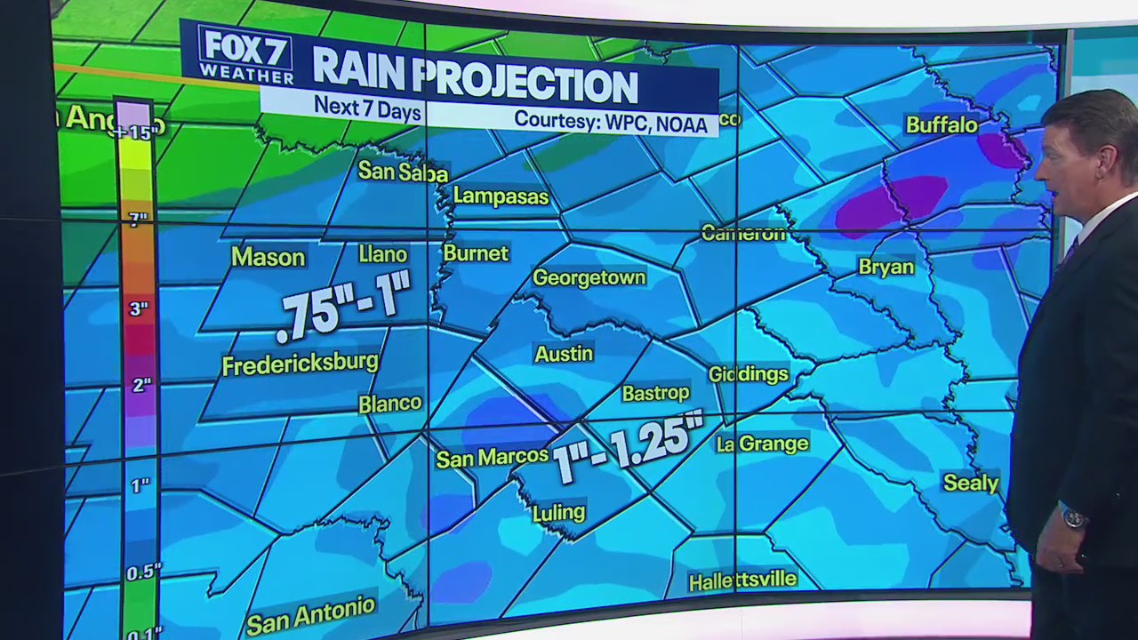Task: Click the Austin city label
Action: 564,354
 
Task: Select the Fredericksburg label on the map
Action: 300,364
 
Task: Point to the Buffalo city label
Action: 942,124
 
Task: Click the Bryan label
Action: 886,267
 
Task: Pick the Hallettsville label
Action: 742,580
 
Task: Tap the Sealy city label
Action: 970,483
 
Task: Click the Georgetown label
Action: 589,278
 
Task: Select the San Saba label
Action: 403,171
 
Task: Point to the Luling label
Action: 558,513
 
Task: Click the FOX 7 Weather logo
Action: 245,53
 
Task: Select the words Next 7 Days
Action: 366,107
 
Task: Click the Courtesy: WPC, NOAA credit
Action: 611,121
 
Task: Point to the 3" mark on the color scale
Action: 138,309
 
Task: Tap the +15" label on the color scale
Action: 137,132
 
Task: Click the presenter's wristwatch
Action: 1074,516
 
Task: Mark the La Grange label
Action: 762,444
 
